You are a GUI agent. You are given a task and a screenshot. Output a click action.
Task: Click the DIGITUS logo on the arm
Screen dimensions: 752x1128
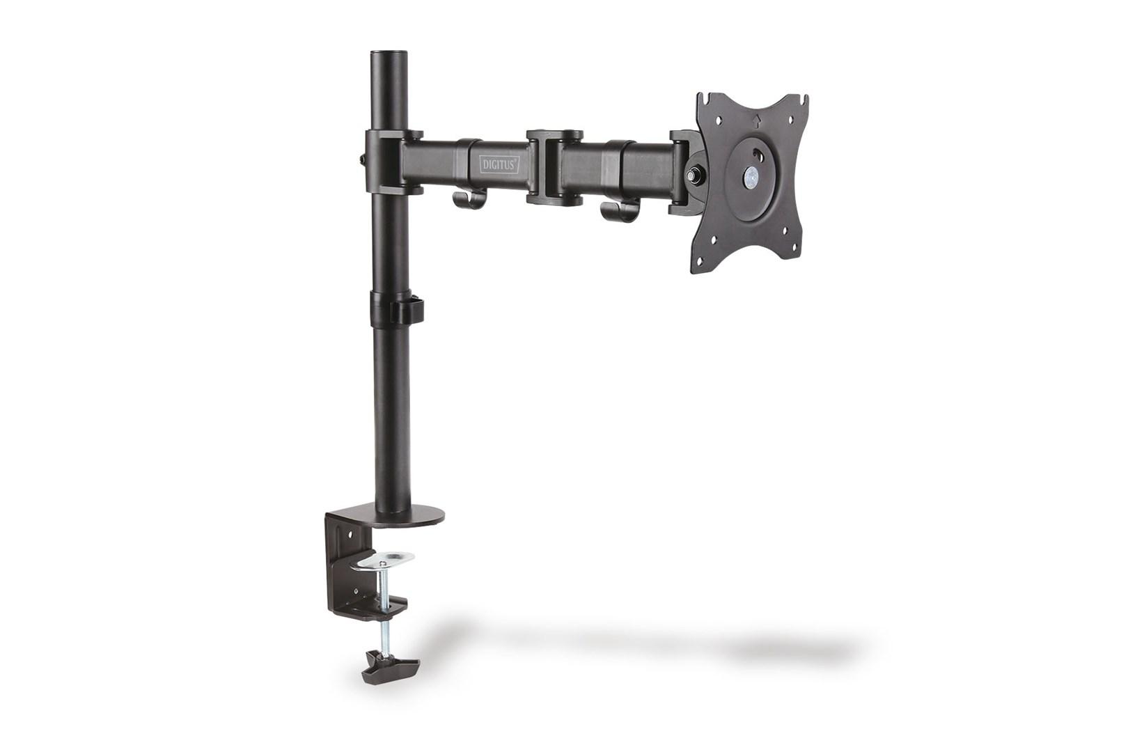499,164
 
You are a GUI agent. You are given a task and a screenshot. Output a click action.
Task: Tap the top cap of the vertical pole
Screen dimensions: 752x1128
390,54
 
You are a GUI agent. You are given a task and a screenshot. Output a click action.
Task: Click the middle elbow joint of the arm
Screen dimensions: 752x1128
554,167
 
